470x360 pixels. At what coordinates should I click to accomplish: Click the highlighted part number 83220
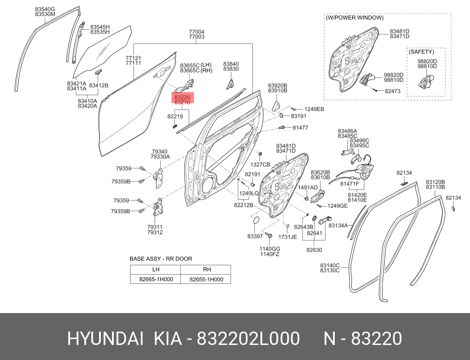pos(182,97)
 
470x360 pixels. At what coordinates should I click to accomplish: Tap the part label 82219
pos(175,117)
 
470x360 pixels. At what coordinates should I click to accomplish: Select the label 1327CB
pos(260,164)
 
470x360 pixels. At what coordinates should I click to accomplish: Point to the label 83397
pos(255,236)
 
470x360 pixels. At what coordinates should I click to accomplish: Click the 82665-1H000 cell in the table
pos(156,279)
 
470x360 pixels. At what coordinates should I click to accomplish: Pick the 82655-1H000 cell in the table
pos(206,279)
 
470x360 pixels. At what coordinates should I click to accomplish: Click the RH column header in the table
pos(207,269)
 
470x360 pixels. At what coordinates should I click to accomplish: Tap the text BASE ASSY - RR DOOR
pos(161,259)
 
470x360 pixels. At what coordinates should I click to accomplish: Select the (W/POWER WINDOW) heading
pos(355,18)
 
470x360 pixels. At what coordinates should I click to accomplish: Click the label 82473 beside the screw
pos(392,91)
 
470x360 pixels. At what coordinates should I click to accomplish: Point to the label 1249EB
pos(314,109)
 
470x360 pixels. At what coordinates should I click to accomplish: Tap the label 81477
pos(300,127)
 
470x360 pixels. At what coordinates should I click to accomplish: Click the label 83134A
pos(338,226)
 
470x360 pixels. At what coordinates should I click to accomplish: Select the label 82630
pos(314,250)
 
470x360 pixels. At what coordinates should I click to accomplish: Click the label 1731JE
pos(287,237)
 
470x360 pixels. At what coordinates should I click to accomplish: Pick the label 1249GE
pos(337,206)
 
